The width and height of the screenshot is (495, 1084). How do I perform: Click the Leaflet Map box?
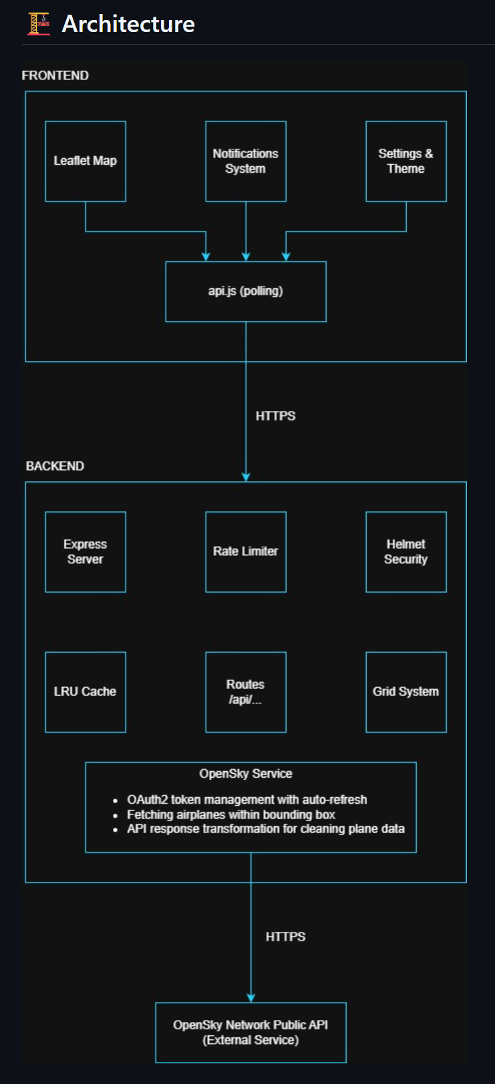[x=86, y=161]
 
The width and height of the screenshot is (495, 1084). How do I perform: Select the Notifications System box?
[x=246, y=161]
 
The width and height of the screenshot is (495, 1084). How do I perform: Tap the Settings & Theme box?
[x=405, y=161]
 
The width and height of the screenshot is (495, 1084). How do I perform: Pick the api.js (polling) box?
[x=246, y=291]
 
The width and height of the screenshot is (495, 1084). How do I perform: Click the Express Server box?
[x=86, y=551]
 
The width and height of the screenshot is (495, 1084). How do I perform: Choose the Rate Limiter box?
[x=246, y=551]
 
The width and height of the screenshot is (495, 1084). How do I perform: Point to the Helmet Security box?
[x=405, y=551]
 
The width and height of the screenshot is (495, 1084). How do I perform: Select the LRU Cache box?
[x=86, y=692]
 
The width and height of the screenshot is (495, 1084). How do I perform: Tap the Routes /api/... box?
[x=246, y=692]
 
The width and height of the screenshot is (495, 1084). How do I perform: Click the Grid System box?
[x=405, y=692]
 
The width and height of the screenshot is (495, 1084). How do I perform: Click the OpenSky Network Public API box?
[x=251, y=1032]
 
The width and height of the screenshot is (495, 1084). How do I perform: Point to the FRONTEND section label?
[x=55, y=75]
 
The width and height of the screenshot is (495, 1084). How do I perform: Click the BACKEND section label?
[x=55, y=466]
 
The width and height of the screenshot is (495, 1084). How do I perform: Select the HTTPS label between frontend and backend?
[x=275, y=416]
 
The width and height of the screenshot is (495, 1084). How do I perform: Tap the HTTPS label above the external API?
[x=285, y=936]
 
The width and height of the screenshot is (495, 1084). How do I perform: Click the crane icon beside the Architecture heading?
[x=39, y=24]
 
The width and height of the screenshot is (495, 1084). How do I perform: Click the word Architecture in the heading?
[x=128, y=24]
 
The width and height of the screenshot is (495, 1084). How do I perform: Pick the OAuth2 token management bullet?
[x=246, y=800]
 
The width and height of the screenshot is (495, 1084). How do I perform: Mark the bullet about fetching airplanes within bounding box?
[x=230, y=814]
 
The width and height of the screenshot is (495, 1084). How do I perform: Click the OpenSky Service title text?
[x=246, y=774]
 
